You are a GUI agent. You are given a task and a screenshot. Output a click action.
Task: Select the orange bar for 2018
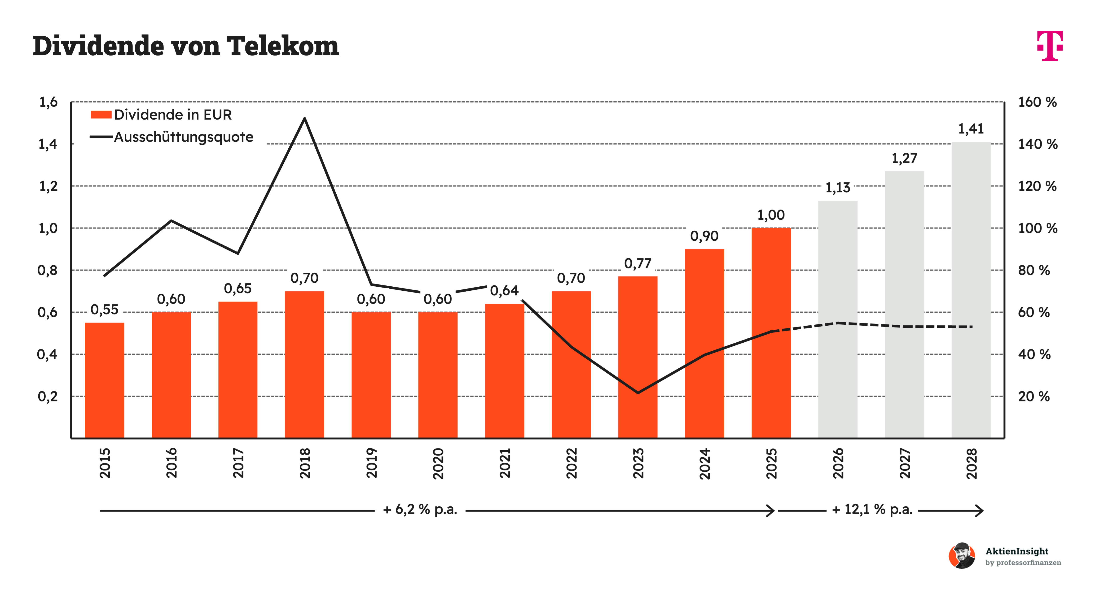pos(304,364)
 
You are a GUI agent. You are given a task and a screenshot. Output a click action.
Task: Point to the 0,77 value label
pos(638,264)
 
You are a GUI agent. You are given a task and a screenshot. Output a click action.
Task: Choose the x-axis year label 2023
pos(638,463)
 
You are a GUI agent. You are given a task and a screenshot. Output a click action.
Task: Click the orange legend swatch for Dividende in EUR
pos(101,115)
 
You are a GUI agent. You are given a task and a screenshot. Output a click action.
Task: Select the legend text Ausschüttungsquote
pos(184,137)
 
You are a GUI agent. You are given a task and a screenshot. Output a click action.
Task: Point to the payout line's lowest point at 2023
pos(638,393)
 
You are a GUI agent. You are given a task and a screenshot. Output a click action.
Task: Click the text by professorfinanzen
pos(1023,563)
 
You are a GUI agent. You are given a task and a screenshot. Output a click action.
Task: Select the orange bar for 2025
pos(771,333)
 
